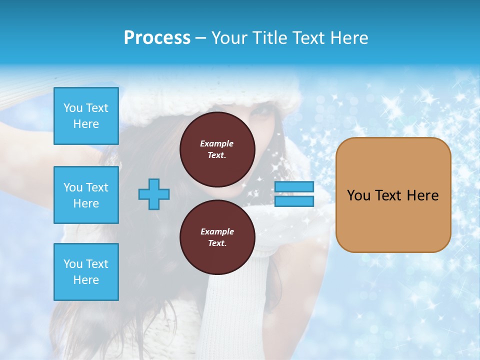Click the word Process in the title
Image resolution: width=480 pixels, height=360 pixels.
tap(157, 38)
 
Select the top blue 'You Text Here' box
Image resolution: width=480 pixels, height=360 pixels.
tap(86, 116)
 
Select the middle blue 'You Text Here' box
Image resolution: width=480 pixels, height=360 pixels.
tap(86, 195)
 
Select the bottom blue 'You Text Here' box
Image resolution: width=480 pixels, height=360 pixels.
tap(86, 271)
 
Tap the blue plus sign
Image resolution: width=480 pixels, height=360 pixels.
tap(154, 194)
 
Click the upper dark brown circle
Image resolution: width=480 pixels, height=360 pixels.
tap(217, 149)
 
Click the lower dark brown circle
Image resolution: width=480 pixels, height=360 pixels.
tap(217, 237)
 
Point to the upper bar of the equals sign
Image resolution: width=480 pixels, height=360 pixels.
tap(294, 187)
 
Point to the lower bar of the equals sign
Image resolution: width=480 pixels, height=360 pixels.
tap(294, 201)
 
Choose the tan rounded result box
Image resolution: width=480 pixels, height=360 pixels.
tap(393, 194)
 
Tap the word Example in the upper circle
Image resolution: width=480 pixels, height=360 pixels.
tap(217, 143)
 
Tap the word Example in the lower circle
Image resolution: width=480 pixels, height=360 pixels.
tap(217, 231)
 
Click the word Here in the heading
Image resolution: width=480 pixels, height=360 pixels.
tap(348, 38)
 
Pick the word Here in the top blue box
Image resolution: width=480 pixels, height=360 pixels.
tap(86, 124)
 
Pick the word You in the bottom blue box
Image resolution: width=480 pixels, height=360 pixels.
tap(73, 264)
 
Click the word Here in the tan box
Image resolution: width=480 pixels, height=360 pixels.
tap(422, 195)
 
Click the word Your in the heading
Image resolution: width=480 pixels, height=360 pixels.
tap(230, 38)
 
